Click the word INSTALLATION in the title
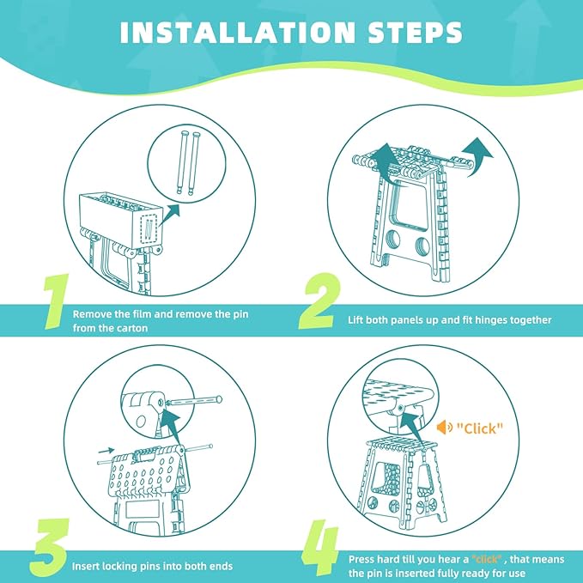pos(238,33)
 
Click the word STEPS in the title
pos(416,33)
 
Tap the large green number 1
pos(57,301)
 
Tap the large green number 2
pos(320,301)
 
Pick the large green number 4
pos(320,548)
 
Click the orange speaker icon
pos(444,428)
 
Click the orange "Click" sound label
pos(480,428)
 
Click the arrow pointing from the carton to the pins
pos(169,215)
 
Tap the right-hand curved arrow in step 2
pos(477,157)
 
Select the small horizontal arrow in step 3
pos(106,451)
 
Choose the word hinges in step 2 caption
pos(490,320)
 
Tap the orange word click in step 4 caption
pos(487,559)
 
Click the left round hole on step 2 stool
pos(393,239)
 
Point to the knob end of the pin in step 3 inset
pos(219,399)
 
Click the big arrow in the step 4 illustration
pos(416,427)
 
